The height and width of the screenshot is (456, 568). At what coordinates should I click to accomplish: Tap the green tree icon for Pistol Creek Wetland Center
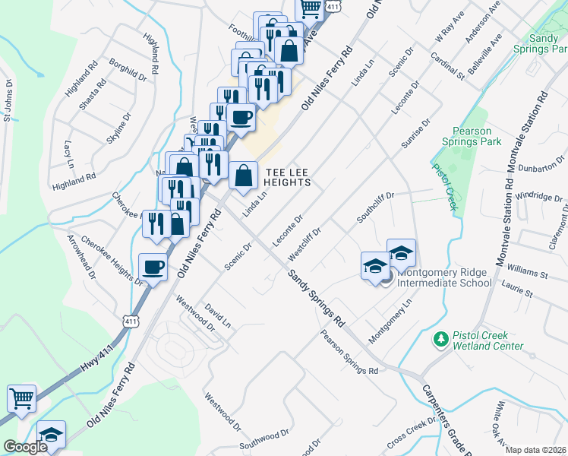click(440, 337)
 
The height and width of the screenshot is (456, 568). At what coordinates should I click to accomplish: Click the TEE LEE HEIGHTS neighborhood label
click(287, 177)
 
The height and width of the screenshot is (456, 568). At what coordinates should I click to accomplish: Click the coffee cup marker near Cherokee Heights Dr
click(153, 268)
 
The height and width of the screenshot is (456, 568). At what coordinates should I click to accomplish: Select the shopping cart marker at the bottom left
click(21, 397)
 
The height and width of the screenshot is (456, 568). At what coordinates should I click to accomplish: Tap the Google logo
click(25, 447)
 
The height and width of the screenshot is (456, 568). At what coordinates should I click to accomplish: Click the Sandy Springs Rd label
click(315, 296)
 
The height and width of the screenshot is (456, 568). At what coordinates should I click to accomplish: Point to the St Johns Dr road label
click(8, 100)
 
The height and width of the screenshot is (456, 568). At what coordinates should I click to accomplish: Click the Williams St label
click(528, 271)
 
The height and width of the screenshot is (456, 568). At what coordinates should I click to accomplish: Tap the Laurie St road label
click(519, 292)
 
